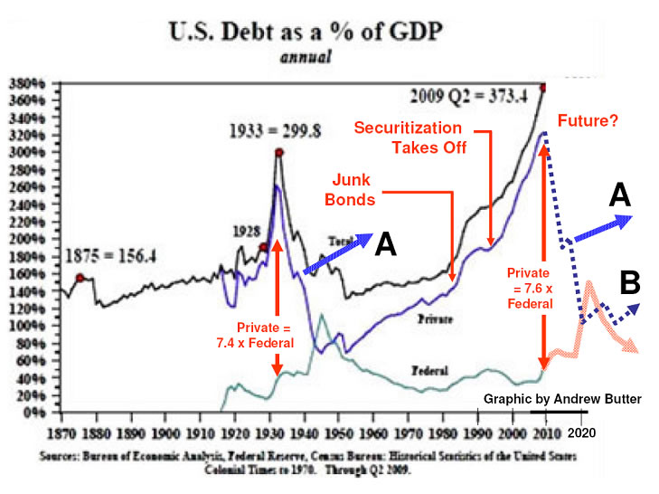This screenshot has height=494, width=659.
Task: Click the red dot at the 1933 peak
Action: click(x=279, y=152)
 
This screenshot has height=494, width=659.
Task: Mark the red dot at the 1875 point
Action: click(x=80, y=278)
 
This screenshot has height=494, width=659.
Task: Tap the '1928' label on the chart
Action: click(x=246, y=230)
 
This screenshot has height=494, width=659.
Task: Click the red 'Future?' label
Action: click(x=588, y=119)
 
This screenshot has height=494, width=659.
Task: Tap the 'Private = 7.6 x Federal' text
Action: click(x=528, y=288)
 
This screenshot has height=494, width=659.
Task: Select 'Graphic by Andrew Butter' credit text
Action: click(x=563, y=398)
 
